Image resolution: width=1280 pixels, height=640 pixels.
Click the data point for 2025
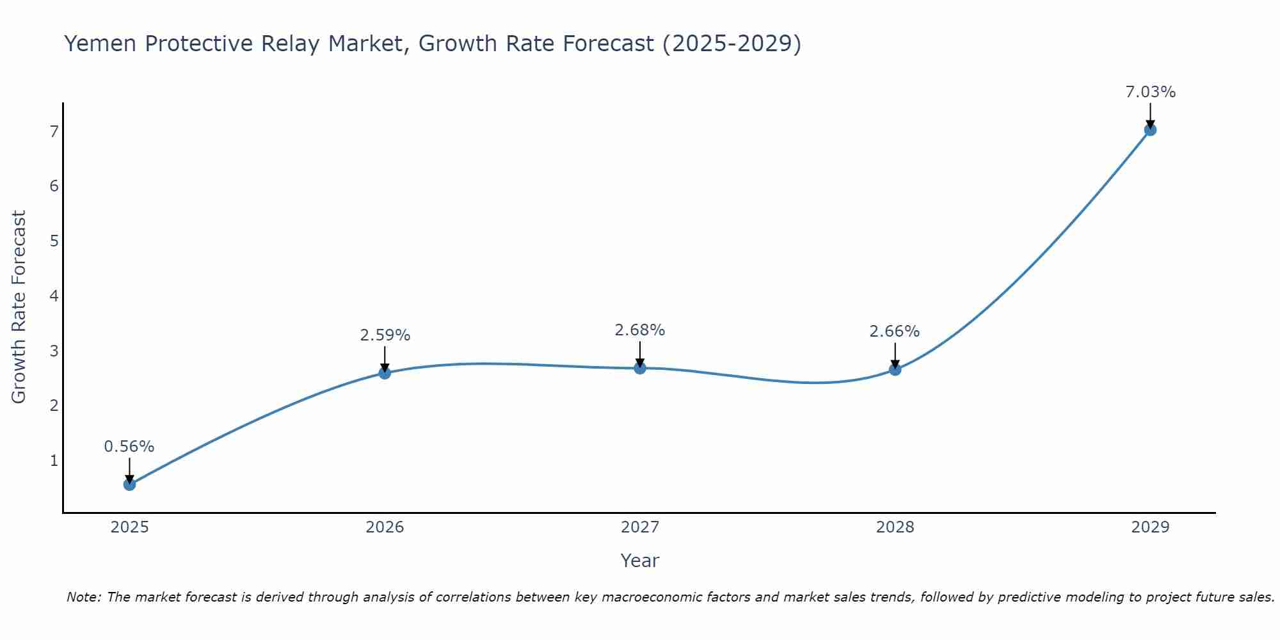click(x=129, y=484)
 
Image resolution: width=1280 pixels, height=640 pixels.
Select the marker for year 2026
click(x=385, y=372)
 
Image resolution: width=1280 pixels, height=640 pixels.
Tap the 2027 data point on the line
click(x=640, y=368)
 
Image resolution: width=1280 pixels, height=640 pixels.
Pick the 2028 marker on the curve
click(x=895, y=369)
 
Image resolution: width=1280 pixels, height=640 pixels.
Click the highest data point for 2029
click(x=1150, y=130)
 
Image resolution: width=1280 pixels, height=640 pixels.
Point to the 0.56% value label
click(x=129, y=447)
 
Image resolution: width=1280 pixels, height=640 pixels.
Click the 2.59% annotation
click(x=385, y=335)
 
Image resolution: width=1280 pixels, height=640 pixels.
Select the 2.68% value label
click(x=640, y=330)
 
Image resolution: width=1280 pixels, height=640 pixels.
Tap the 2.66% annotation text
click(x=895, y=332)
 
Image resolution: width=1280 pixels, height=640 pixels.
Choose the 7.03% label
click(x=1150, y=92)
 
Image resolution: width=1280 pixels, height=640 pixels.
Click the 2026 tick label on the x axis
click(x=385, y=527)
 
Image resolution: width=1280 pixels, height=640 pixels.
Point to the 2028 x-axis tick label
click(x=895, y=527)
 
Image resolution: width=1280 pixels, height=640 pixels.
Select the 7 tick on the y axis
click(x=54, y=132)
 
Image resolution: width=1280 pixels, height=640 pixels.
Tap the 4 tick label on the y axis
click(x=54, y=296)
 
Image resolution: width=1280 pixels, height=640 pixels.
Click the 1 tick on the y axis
click(x=54, y=460)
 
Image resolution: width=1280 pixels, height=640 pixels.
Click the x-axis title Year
click(x=640, y=561)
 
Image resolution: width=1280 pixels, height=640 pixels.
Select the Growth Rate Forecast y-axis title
click(x=19, y=307)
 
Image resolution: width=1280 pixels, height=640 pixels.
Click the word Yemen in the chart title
click(x=100, y=44)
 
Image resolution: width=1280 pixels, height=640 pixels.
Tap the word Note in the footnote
click(x=83, y=597)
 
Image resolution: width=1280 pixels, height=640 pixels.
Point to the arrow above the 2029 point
click(x=1150, y=115)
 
